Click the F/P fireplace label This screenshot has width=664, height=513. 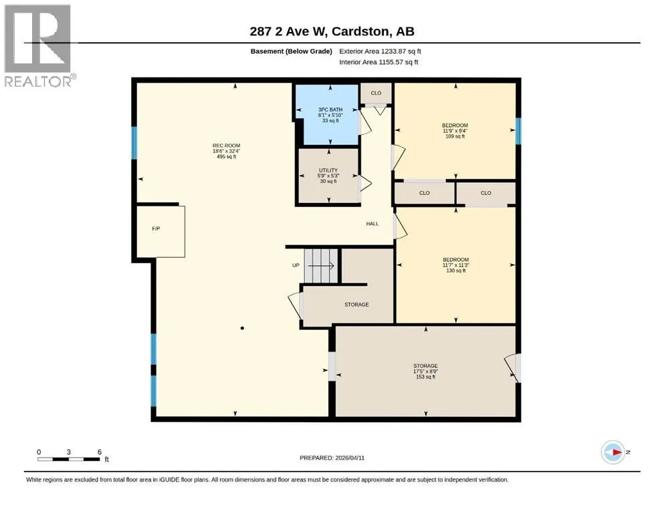pos(156,229)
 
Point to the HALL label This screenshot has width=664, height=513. pos(372,224)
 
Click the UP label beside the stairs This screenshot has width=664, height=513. pos(296,266)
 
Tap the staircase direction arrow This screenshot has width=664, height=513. pos(321,266)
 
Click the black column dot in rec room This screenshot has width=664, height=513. pos(242,328)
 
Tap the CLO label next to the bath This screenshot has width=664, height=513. pos(376,93)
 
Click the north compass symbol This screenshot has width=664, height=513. pos(613,452)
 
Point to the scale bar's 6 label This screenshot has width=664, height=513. pos(100,452)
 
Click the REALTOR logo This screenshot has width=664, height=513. pos(37,45)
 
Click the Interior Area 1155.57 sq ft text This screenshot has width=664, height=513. pos(378,62)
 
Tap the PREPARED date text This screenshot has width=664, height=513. pos(332,458)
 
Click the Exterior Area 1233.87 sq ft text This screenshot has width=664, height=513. pos(380,51)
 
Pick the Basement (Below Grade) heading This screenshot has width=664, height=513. pos(292,51)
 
